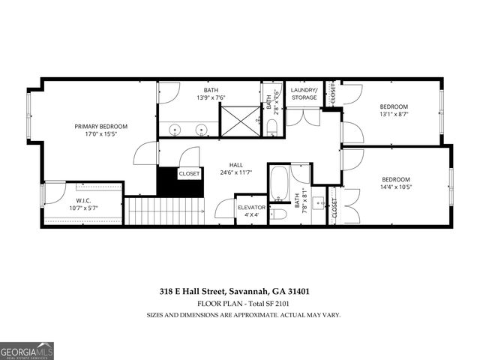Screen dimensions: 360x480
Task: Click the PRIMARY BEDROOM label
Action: [100, 127]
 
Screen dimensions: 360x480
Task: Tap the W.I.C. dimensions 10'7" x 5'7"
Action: [83, 208]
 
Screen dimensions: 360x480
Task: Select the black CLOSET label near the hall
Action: [189, 173]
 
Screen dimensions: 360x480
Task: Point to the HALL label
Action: [236, 164]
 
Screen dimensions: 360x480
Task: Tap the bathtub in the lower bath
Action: [278, 184]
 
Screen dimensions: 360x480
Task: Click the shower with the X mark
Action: [238, 120]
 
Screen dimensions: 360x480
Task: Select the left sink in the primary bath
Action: [175, 130]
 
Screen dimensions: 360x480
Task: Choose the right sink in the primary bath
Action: [201, 130]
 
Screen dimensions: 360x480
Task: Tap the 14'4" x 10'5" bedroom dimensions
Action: [395, 189]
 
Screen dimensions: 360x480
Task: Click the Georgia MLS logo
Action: [27, 349]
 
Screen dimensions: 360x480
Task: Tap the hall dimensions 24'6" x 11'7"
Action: [236, 173]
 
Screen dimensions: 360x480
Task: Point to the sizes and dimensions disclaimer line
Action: [243, 315]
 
